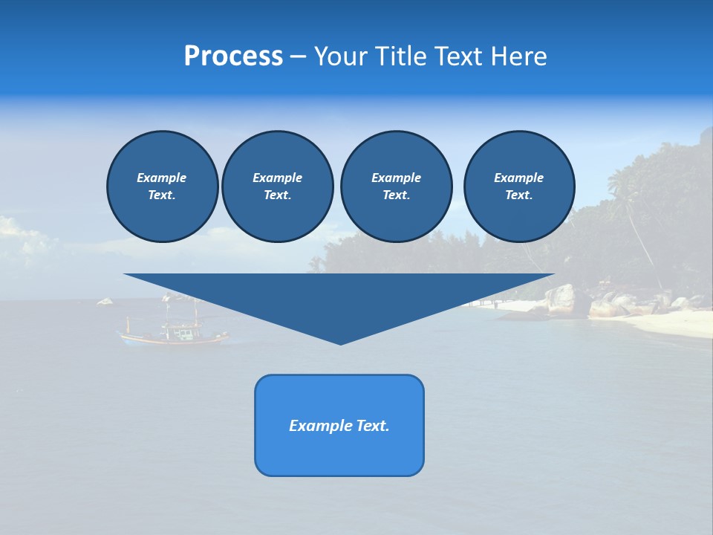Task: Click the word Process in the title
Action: pyautogui.click(x=233, y=56)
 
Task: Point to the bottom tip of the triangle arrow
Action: pyautogui.click(x=340, y=343)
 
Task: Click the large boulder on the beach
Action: pyautogui.click(x=561, y=299)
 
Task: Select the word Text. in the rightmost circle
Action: pyautogui.click(x=518, y=195)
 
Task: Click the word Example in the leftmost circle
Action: pyautogui.click(x=162, y=178)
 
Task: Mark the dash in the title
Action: pyautogui.click(x=298, y=57)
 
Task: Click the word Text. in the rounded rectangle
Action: pyautogui.click(x=372, y=426)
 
